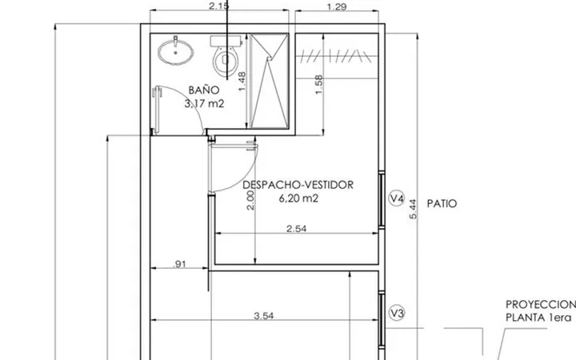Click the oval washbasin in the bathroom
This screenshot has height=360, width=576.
175,52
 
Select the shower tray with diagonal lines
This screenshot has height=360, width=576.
270,81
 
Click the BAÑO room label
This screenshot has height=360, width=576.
204,90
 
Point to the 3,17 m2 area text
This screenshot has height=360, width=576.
204,104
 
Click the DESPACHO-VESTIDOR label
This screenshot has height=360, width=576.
298,185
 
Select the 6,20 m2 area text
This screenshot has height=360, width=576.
298,198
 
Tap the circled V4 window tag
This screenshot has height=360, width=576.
397,198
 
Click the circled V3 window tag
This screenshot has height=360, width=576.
397,313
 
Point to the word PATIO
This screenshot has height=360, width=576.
442,203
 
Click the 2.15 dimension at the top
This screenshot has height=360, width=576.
218,6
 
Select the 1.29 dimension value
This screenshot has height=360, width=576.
336,6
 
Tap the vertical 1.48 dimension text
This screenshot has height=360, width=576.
242,82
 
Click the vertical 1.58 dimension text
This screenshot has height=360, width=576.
318,85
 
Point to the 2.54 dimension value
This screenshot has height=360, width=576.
297,229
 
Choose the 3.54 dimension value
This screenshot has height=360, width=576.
264,315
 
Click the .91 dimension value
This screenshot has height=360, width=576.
179,264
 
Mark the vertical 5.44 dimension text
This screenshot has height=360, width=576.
413,209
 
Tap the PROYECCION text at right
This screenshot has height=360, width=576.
541,305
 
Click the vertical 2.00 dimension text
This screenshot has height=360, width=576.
250,200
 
